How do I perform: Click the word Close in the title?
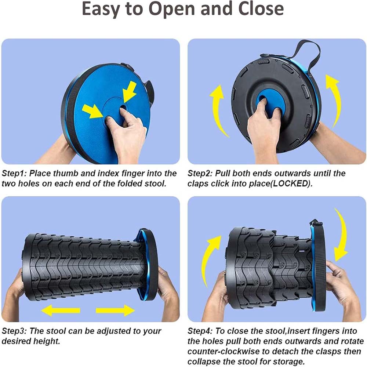click(261, 9)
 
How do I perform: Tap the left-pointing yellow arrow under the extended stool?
click(61, 310)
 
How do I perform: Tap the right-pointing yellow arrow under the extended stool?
click(115, 310)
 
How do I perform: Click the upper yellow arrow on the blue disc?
click(129, 92)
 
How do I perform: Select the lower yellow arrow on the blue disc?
click(93, 111)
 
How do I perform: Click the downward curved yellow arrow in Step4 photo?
click(342, 234)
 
